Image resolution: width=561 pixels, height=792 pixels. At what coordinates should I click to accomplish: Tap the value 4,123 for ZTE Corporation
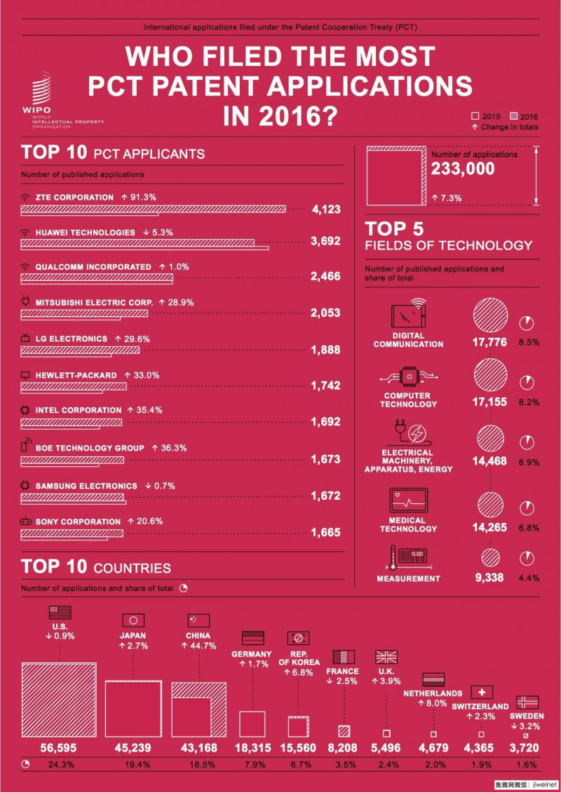(x=325, y=209)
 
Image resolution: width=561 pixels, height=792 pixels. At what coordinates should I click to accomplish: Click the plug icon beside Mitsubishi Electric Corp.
(x=26, y=303)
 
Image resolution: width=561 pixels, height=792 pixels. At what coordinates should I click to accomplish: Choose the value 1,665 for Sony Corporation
(x=325, y=533)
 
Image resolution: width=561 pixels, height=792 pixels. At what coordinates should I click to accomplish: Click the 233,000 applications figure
(x=463, y=168)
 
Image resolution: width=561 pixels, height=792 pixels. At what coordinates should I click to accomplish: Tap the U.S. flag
(x=60, y=611)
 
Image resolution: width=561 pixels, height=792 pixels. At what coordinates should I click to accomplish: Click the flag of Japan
(x=133, y=620)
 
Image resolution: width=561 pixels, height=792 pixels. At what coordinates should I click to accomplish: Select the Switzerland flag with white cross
(x=482, y=692)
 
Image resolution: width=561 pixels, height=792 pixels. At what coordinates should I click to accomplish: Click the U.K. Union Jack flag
(x=386, y=657)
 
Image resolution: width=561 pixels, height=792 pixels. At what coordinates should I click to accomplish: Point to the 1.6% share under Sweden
(x=527, y=765)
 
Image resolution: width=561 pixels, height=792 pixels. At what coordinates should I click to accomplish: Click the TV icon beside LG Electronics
(x=26, y=339)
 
